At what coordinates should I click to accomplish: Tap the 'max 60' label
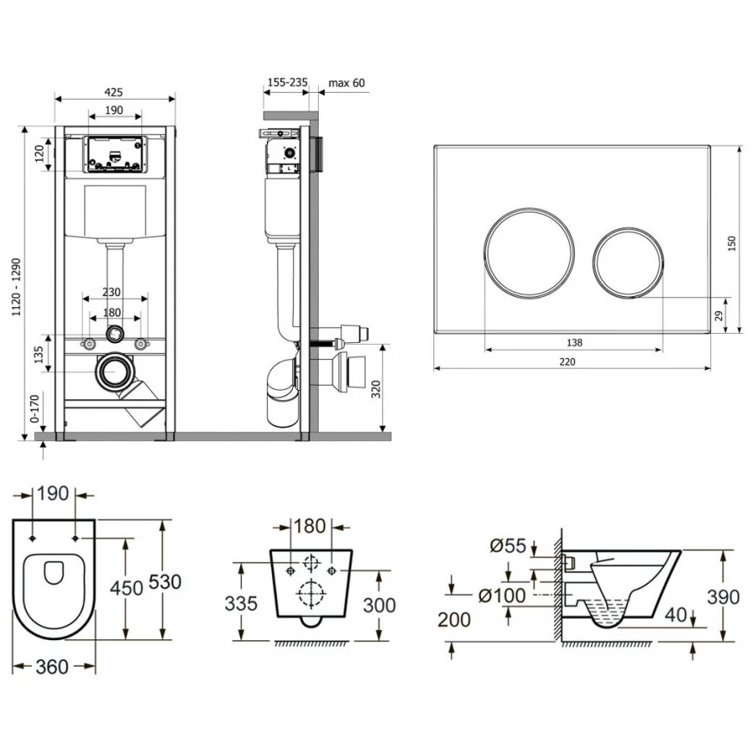tap(346, 83)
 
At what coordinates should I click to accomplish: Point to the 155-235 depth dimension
tap(287, 83)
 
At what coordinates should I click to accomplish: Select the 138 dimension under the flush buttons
tap(573, 342)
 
